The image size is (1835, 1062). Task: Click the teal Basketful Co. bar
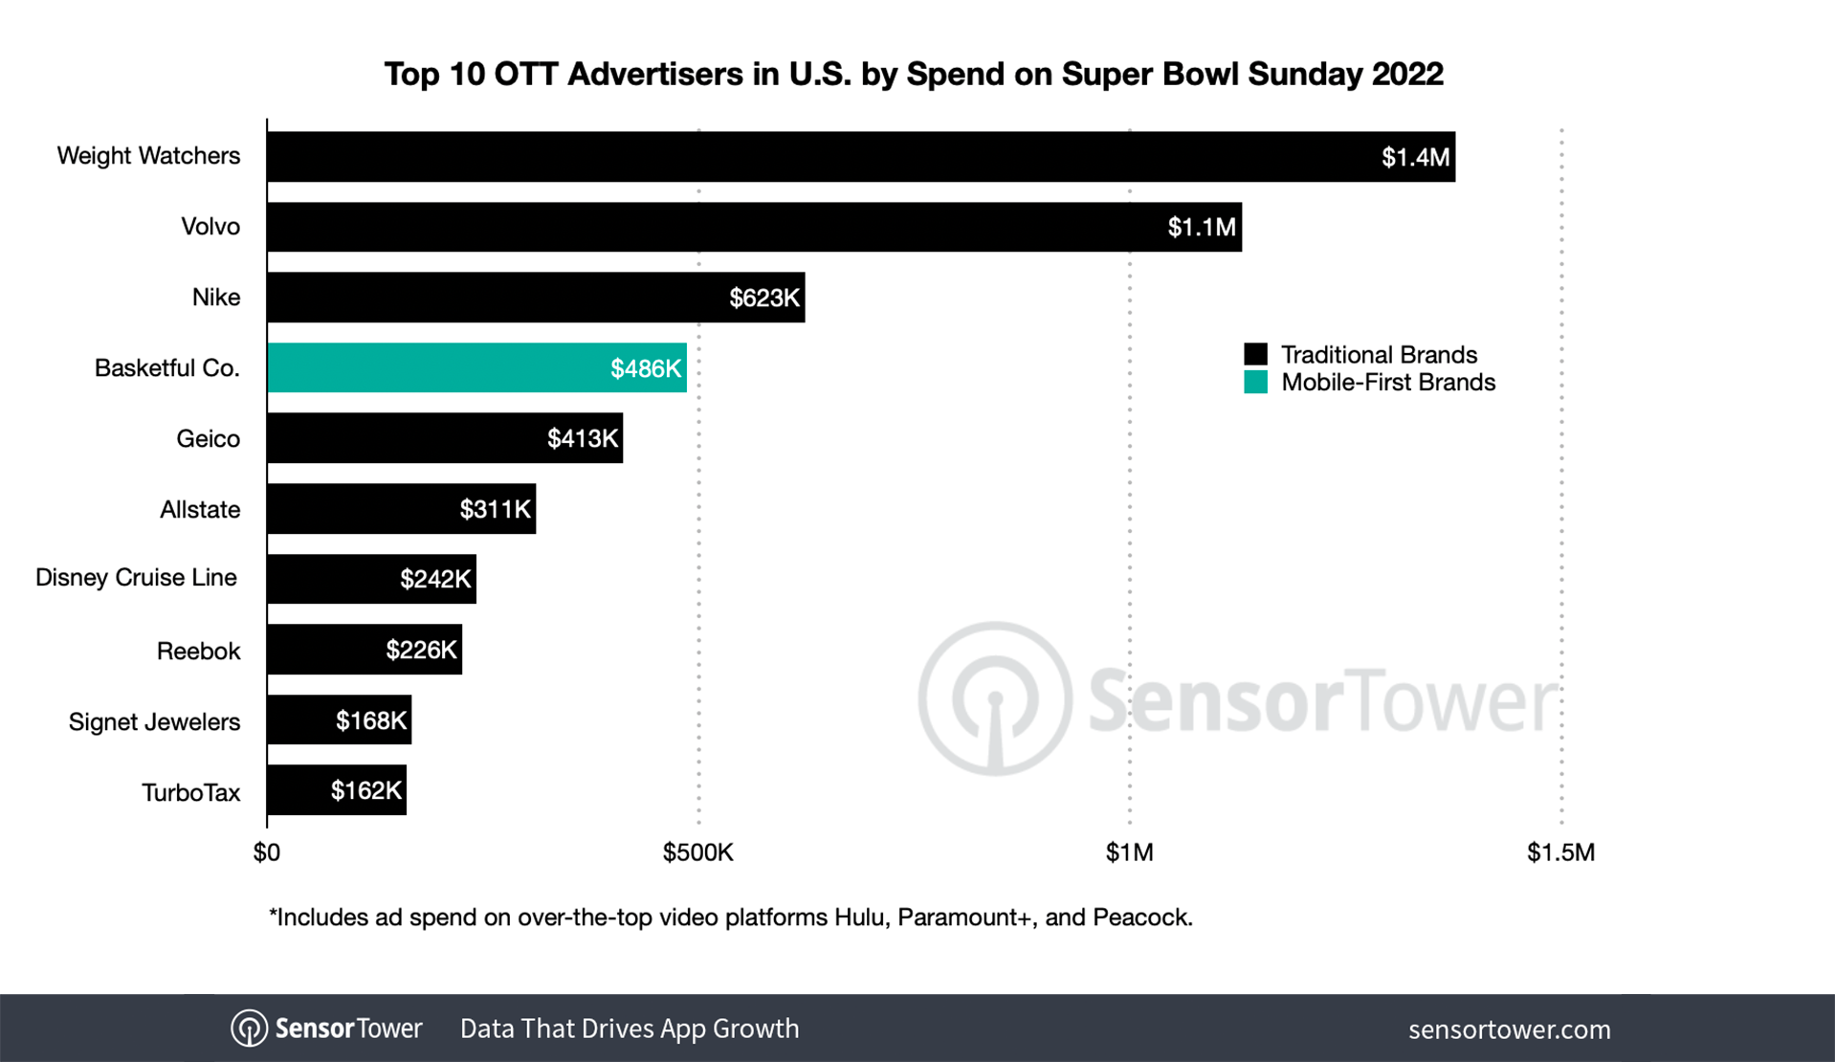tap(476, 368)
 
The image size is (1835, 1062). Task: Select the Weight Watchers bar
tap(860, 157)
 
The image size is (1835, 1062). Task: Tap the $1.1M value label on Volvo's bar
tap(1201, 228)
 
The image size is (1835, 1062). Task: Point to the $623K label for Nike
tap(763, 299)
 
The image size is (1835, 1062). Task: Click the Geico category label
tap(208, 439)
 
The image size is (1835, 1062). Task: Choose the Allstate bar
tap(401, 509)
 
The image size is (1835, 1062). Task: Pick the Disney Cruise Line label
tap(136, 578)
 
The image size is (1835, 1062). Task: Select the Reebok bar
tap(365, 651)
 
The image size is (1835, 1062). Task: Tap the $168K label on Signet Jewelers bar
tap(370, 720)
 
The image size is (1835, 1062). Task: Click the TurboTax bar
tap(337, 790)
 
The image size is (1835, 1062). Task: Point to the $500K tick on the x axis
tap(697, 852)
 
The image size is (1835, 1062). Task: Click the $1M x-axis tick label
tap(1129, 852)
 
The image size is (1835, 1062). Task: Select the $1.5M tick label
tap(1560, 852)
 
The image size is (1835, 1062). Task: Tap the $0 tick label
tap(267, 852)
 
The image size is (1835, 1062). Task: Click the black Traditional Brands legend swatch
tap(1255, 354)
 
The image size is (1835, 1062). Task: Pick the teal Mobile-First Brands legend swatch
tap(1255, 383)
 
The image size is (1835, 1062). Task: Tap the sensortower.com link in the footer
tap(1509, 1029)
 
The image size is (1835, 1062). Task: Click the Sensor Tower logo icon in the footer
tap(249, 1029)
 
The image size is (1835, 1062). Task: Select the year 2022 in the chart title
tap(1406, 74)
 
